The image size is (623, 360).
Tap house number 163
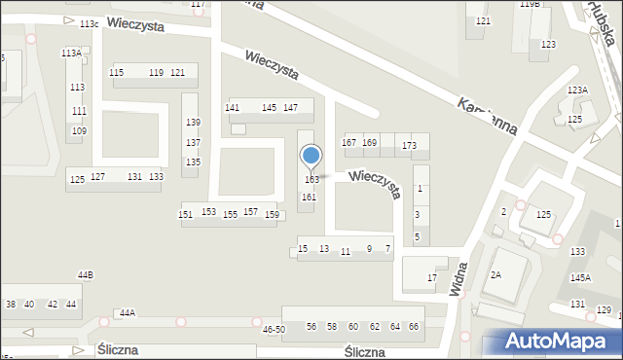click(311, 180)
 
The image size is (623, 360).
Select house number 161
click(308, 198)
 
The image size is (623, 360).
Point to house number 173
click(409, 146)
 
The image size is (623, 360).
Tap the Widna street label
click(458, 276)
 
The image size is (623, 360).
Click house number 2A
click(495, 275)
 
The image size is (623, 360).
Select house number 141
click(233, 107)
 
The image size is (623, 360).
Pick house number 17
click(432, 278)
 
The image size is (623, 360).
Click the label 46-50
click(274, 330)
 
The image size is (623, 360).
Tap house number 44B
click(86, 275)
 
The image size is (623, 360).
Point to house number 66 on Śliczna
click(414, 326)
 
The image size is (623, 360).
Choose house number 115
click(117, 73)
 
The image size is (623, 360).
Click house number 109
click(79, 130)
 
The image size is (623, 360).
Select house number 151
click(185, 214)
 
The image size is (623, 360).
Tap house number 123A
click(578, 90)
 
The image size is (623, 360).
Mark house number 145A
click(580, 277)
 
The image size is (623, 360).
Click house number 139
click(193, 123)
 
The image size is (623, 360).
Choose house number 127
click(97, 177)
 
